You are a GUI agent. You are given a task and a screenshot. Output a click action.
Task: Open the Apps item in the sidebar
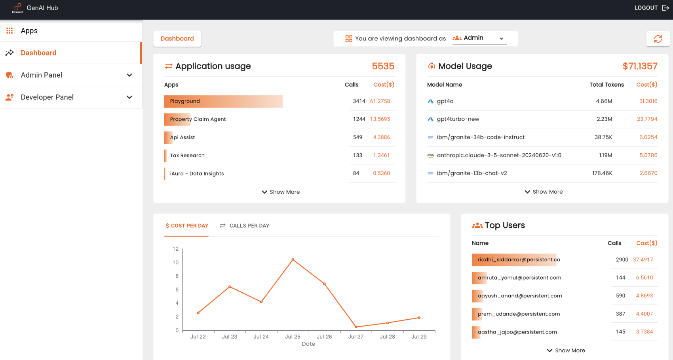(x=29, y=31)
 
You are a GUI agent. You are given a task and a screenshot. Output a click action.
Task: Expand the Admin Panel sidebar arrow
(x=129, y=75)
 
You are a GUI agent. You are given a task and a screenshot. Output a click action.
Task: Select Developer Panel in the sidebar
(x=47, y=97)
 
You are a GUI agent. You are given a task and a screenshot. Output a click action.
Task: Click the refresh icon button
(x=658, y=39)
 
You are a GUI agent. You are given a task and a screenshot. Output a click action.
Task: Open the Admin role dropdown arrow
(x=501, y=39)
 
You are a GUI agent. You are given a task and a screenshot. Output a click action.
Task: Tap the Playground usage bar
(x=223, y=101)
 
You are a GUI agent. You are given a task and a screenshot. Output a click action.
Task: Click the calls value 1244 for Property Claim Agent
(x=359, y=119)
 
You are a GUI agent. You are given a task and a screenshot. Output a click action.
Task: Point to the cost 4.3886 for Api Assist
(x=381, y=137)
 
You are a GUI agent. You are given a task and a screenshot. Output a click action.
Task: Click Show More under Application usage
(x=281, y=192)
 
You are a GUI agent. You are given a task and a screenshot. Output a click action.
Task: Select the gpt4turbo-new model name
(x=458, y=119)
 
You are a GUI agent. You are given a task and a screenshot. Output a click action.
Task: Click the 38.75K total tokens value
(x=603, y=137)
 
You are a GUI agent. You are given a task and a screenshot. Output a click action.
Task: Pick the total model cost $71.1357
(x=640, y=66)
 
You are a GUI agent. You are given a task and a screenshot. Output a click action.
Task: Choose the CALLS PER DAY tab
(x=245, y=226)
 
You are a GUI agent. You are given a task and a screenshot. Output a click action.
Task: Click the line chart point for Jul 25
(x=293, y=260)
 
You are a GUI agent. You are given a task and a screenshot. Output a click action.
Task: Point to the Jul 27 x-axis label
(x=356, y=337)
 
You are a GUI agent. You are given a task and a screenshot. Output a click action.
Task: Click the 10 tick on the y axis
(x=176, y=263)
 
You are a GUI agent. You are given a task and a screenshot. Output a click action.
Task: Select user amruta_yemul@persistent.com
(x=519, y=278)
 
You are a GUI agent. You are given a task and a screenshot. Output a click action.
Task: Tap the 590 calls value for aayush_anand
(x=620, y=296)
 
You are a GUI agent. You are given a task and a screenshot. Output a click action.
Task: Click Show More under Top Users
(x=566, y=350)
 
